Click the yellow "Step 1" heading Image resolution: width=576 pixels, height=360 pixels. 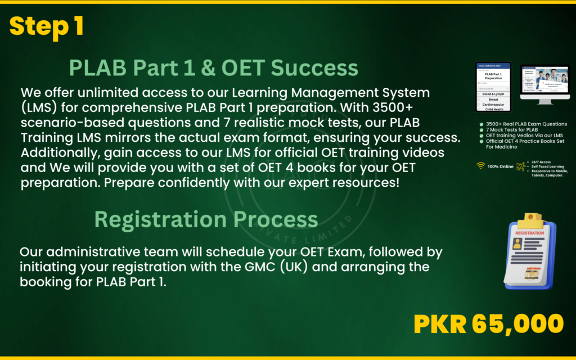pos(47,26)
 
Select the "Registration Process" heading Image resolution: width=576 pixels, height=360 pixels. pos(206,218)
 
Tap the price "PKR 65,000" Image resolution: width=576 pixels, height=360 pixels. pos(488,324)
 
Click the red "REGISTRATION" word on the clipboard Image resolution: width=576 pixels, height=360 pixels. pos(529,233)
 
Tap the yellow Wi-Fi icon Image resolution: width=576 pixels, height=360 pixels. pos(480,166)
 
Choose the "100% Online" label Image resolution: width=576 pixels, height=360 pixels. pos(501,166)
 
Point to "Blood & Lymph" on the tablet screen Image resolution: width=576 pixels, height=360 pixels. pos(493,94)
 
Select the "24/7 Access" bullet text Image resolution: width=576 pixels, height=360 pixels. pos(542,161)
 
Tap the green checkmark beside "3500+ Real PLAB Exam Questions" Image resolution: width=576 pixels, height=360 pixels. pos(481,124)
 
